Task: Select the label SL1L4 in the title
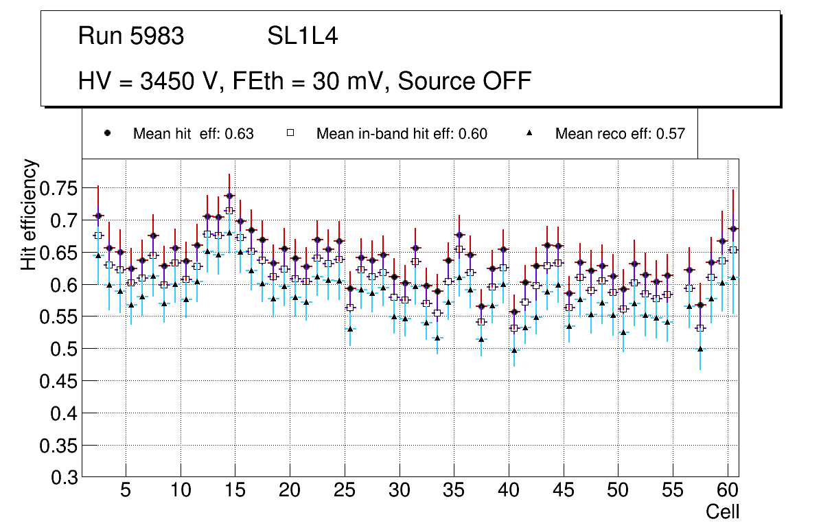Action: tap(302, 36)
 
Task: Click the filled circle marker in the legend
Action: tap(107, 133)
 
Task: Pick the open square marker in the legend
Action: tap(290, 133)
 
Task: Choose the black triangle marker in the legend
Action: tap(530, 133)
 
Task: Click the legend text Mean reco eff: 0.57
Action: tap(620, 134)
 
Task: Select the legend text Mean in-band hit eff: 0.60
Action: tap(402, 134)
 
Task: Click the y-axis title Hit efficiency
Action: tap(29, 214)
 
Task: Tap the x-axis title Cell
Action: tap(722, 511)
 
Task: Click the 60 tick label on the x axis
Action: tap(728, 492)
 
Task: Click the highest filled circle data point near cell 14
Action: tap(229, 196)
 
